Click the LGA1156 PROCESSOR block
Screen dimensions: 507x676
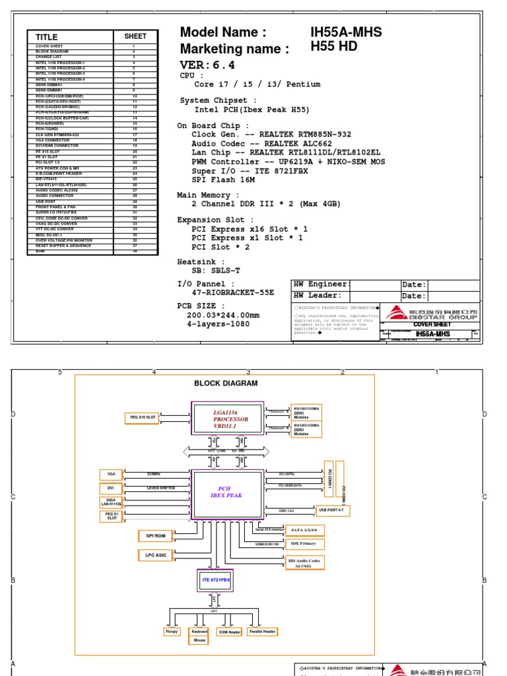(227, 418)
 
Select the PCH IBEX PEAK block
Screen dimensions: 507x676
(227, 492)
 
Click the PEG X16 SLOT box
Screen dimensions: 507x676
(142, 417)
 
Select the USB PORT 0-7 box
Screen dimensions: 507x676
(335, 510)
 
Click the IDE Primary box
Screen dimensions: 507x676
(304, 543)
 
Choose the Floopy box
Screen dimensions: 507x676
(172, 632)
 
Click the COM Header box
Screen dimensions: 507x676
(229, 632)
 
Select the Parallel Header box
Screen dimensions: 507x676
(262, 632)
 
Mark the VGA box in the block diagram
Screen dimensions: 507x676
(110, 474)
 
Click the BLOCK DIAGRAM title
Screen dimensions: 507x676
(226, 384)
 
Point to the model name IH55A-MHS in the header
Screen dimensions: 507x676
(346, 32)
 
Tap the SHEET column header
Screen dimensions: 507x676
(135, 37)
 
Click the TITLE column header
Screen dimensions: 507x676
(47, 37)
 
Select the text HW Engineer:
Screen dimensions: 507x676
(320, 285)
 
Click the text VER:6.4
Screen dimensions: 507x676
(207, 65)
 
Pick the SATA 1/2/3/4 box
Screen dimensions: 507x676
(304, 530)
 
